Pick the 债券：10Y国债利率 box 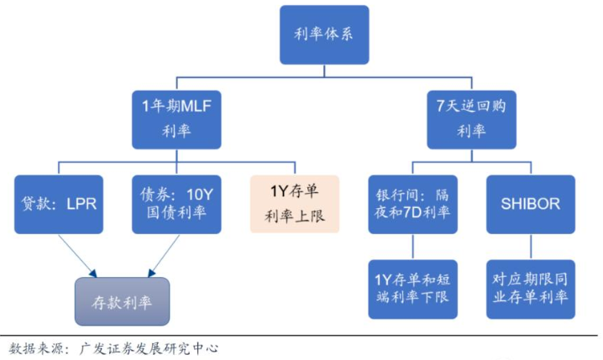pos(176,204)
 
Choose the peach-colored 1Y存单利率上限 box pos(293,204)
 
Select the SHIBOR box pos(531,204)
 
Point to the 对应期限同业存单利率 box pos(531,287)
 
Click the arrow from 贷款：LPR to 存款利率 pos(77,255)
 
